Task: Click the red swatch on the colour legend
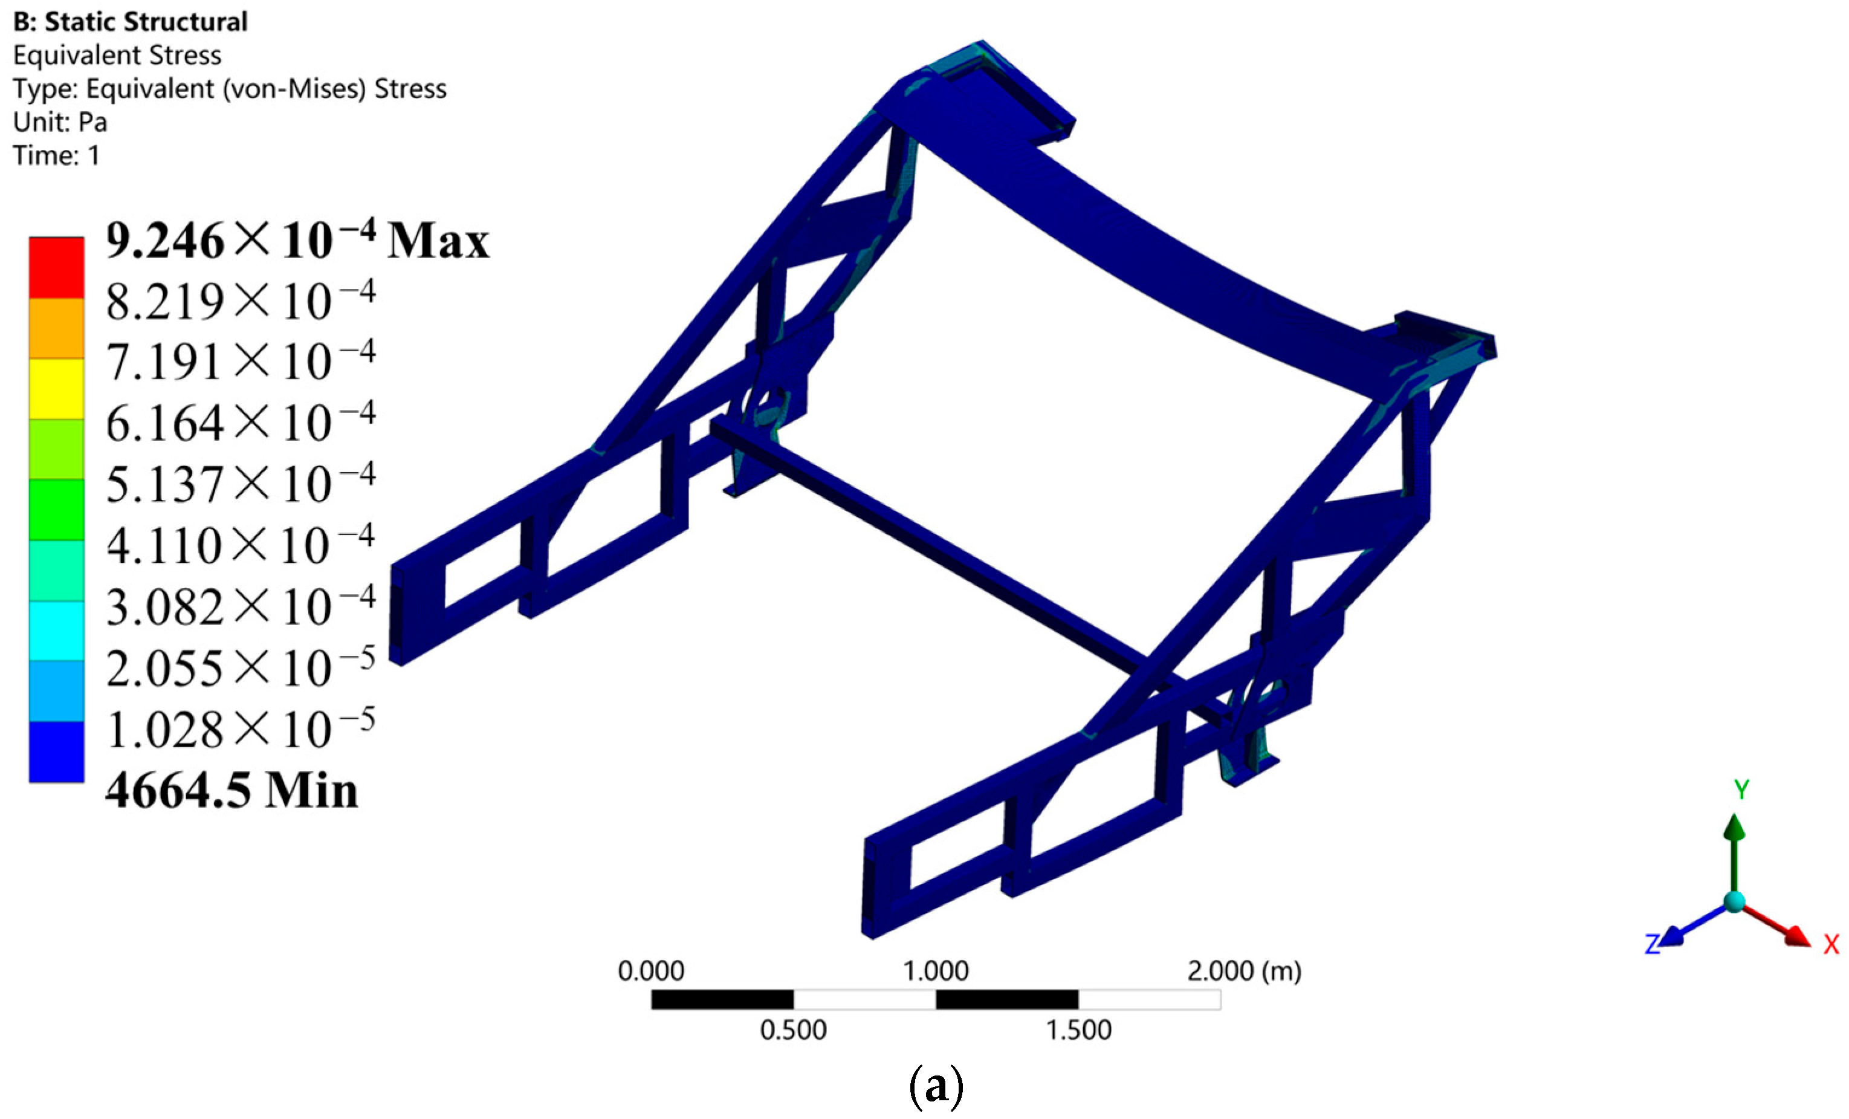56,268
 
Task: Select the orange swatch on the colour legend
56,329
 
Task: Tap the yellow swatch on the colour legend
56,389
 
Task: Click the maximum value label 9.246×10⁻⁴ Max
297,240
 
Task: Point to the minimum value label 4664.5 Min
232,790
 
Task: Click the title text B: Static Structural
131,22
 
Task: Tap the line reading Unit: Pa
60,122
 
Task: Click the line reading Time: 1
56,155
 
